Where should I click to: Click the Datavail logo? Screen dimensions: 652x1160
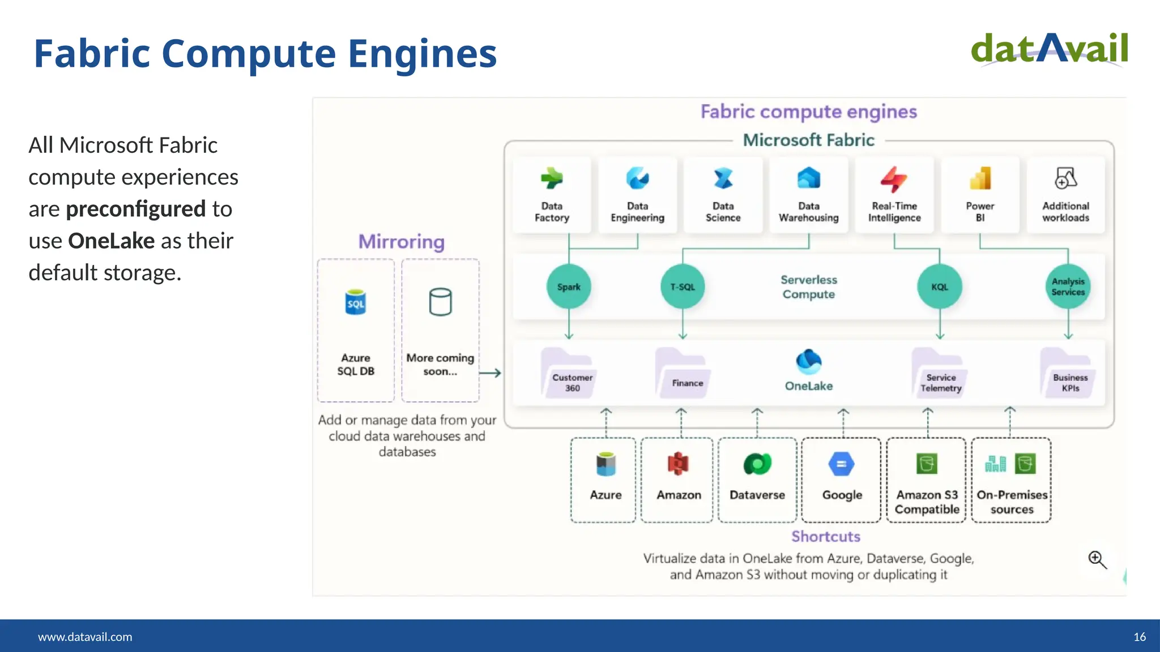coord(1049,49)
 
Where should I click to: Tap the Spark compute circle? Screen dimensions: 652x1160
coord(569,287)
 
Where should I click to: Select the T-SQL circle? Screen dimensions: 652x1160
coord(683,287)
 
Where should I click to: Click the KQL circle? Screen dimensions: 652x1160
coord(939,287)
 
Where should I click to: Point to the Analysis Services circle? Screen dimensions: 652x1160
coord(1068,287)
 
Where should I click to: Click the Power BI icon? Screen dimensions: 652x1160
coord(980,179)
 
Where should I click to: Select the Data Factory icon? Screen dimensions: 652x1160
coord(551,179)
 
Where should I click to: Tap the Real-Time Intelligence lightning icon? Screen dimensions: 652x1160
coord(894,179)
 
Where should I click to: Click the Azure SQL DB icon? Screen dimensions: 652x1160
coord(355,302)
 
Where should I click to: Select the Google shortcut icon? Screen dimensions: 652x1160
coord(841,464)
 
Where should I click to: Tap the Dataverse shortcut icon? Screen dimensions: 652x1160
coord(757,464)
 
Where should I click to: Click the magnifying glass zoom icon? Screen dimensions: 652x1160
coord(1097,559)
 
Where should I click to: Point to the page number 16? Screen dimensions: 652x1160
coord(1140,637)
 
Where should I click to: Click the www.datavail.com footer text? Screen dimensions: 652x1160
coord(85,637)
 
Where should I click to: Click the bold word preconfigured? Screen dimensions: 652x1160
coord(135,209)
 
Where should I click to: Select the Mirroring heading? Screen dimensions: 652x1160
coord(401,242)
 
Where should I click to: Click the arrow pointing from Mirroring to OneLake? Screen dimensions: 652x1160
coord(490,373)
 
